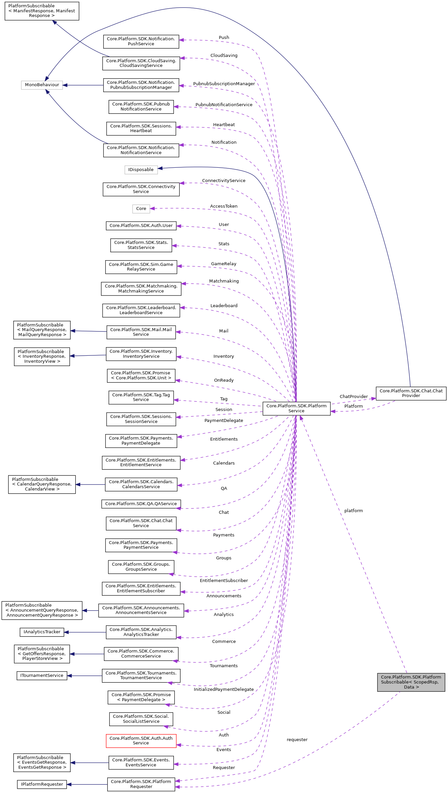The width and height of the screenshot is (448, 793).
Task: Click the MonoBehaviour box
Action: pyautogui.click(x=42, y=85)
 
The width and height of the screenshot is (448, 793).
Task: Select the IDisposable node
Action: pyautogui.click(x=141, y=170)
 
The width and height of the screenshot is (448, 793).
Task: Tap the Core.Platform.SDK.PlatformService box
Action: pyautogui.click(x=296, y=408)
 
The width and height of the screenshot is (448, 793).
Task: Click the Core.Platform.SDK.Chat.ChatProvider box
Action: pyautogui.click(x=411, y=393)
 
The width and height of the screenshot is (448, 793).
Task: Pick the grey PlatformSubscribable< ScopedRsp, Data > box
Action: pyautogui.click(x=411, y=682)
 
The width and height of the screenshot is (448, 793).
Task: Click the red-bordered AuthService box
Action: pyautogui.click(x=141, y=740)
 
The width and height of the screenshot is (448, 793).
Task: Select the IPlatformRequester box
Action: pyautogui.click(x=42, y=784)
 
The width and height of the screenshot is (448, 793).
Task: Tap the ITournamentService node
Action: pyautogui.click(x=42, y=676)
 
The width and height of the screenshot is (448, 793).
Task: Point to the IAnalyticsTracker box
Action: pyautogui.click(x=42, y=632)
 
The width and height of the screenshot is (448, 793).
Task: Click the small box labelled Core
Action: pyautogui.click(x=141, y=209)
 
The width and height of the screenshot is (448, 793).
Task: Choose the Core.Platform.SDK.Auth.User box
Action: pyautogui.click(x=141, y=226)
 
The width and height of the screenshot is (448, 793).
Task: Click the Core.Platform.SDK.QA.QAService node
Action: pyautogui.click(x=141, y=504)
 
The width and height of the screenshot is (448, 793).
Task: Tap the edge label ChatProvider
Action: pyautogui.click(x=353, y=397)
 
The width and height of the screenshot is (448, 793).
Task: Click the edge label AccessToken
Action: pyautogui.click(x=224, y=206)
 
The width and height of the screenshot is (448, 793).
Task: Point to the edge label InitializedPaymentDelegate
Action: pyautogui.click(x=224, y=690)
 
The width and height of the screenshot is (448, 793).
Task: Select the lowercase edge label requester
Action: pyautogui.click(x=297, y=740)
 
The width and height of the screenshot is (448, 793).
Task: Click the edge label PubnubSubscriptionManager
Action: pyautogui.click(x=224, y=84)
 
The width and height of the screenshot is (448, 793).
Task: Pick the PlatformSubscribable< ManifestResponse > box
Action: pyautogui.click(x=42, y=11)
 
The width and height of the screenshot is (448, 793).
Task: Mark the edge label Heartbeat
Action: pyautogui.click(x=224, y=125)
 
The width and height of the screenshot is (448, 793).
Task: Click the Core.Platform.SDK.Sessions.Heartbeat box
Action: pyautogui.click(x=141, y=128)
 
